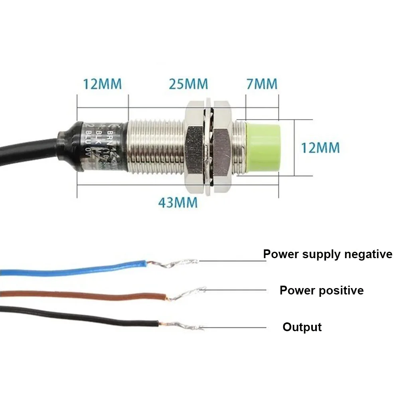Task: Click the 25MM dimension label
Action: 188,84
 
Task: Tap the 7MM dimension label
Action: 262,84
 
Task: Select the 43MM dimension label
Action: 178,202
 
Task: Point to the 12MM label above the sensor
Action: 102,84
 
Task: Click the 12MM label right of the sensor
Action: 320,148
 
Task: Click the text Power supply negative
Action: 328,254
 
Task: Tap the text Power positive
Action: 322,290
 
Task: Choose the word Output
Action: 302,327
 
